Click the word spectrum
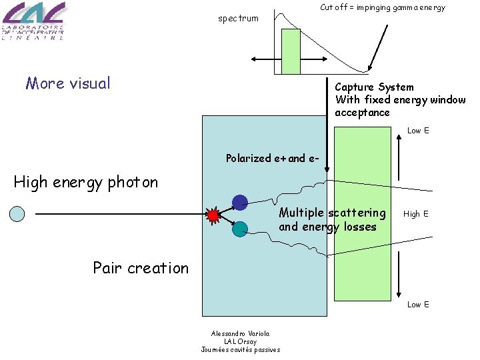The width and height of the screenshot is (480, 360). [238, 18]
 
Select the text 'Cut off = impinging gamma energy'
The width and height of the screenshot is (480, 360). [382, 7]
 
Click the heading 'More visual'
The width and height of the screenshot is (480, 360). [68, 83]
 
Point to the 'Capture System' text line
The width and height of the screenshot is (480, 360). [374, 87]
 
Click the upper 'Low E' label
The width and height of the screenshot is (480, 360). [418, 131]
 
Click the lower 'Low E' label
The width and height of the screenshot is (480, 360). [418, 305]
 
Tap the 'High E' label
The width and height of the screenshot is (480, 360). [416, 214]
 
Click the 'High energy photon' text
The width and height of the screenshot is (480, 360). [86, 182]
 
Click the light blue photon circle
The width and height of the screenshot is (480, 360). [18, 214]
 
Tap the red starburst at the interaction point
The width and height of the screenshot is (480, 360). [213, 215]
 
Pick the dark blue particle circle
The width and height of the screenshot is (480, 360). [240, 202]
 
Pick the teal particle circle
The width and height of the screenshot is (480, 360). [240, 229]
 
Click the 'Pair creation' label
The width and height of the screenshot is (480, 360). [141, 268]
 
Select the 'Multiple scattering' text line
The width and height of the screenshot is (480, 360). [332, 213]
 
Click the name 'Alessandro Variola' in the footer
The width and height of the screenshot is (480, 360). [241, 333]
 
